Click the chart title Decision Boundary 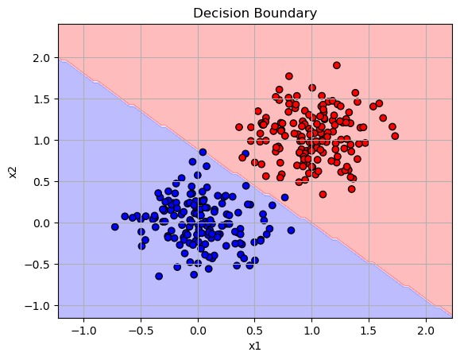coord(255,14)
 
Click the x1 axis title coord(255,346)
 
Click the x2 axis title coord(13,172)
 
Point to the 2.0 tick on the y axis coord(41,58)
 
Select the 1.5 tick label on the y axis coord(41,99)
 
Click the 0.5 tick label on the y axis coord(41,182)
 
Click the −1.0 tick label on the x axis coord(83,331)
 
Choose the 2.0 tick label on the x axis coord(426,331)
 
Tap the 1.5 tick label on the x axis coord(369,331)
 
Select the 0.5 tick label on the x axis coord(254,331)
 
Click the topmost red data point coord(337,65)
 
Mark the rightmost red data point coord(395,136)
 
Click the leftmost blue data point coord(114,226)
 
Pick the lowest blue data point coord(159,276)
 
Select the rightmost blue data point coord(291,230)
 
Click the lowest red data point coord(323,194)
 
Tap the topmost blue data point coord(203,152)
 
